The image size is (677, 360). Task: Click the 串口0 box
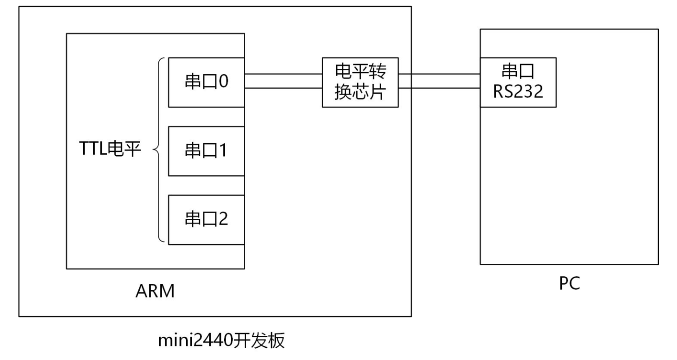coord(206,82)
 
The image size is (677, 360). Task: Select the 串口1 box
coord(206,151)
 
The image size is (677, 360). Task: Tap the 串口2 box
coord(206,220)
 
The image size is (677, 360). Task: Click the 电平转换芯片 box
coord(360,82)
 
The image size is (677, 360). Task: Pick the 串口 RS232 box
coord(518,82)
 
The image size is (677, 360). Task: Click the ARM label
coord(155,291)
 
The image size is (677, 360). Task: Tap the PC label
coord(569,283)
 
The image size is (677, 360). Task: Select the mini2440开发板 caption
coord(221,342)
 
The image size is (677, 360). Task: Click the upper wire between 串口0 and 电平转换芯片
coord(283,74)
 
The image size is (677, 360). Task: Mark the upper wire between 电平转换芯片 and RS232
coord(439,74)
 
